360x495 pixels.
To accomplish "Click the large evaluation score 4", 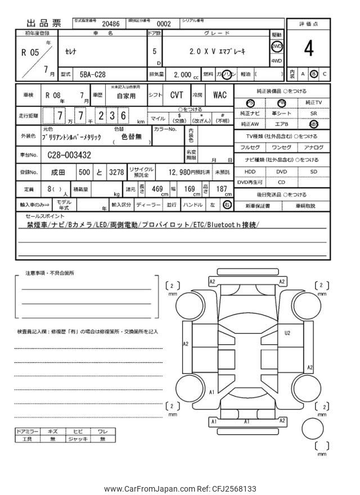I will point(308,49).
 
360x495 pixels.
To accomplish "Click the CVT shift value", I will point(177,95).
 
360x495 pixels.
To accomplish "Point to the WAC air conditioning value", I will point(219,95).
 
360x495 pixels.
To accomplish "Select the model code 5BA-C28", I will point(92,74).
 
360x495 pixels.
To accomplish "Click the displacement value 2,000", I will point(182,74).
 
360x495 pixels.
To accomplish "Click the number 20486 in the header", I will point(110,24).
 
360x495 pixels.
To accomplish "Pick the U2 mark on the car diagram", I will point(287,333).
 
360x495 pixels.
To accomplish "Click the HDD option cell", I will point(250,172).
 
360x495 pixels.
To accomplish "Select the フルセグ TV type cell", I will point(250,147).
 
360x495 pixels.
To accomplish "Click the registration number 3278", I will point(116,172).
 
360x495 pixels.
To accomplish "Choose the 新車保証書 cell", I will point(258,206).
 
